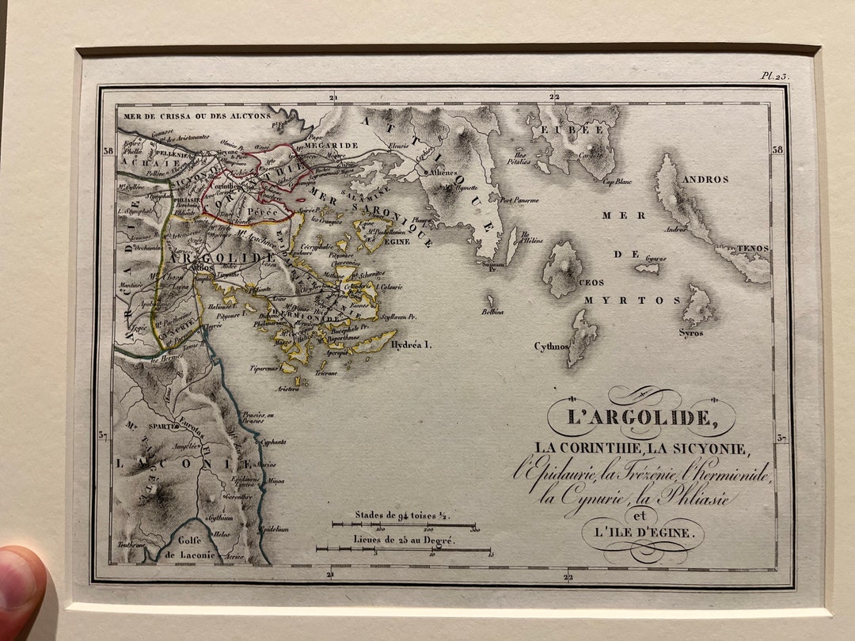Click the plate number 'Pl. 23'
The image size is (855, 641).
775,76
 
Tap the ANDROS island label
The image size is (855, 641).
703,180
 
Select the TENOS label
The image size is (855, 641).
752,248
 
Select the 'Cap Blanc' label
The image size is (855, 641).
617,181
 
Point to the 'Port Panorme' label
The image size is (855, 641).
519,200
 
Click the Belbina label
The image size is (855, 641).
492,312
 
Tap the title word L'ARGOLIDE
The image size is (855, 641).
640,416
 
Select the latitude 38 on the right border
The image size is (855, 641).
777,150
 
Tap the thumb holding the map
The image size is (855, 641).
20,590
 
